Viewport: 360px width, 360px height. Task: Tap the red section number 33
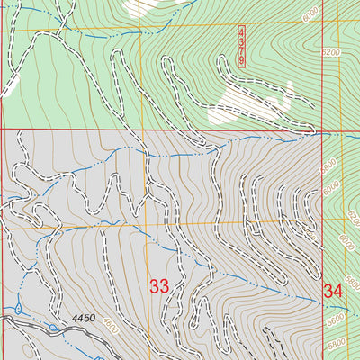[x=159, y=287]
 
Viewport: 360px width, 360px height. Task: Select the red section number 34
[x=333, y=291]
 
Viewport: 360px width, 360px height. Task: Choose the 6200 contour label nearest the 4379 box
[x=331, y=53]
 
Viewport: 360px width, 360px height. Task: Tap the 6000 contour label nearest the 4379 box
[x=311, y=15]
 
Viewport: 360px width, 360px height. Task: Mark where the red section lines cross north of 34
[x=322, y=130]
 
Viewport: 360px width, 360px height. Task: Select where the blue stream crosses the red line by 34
[x=322, y=304]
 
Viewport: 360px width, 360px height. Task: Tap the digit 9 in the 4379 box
[x=242, y=59]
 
